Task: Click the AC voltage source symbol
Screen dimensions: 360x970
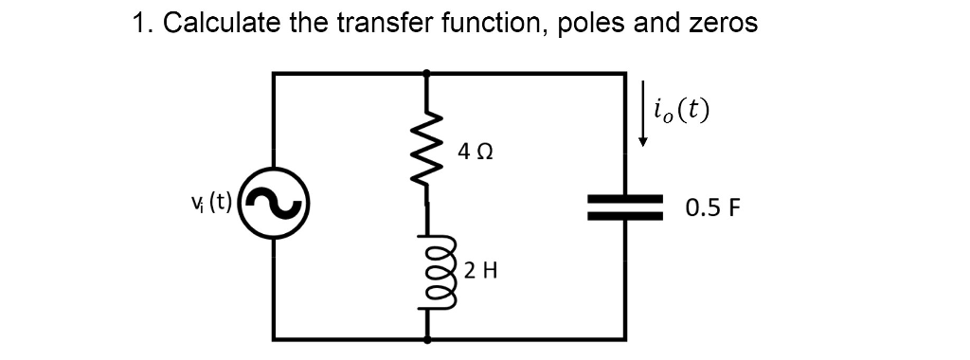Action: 274,205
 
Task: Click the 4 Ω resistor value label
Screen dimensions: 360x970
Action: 475,151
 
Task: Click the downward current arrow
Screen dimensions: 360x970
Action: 643,114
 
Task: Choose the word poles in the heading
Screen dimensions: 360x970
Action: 592,24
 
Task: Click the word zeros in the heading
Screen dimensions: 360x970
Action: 723,24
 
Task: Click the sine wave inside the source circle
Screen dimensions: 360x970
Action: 274,205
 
